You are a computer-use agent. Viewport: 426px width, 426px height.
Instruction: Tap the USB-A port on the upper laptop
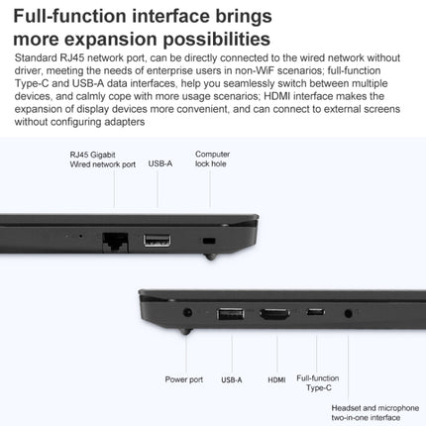pos(157,239)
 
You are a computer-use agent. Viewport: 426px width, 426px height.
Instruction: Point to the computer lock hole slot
pos(207,241)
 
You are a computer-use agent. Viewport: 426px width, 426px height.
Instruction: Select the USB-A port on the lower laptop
pos(232,315)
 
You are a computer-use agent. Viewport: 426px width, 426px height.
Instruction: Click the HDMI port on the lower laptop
pos(272,315)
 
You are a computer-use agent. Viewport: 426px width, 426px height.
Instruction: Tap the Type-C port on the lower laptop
pos(315,315)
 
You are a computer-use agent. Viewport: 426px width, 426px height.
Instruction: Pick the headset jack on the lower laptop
pos(348,315)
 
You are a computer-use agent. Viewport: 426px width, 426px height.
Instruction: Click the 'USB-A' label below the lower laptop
pos(232,379)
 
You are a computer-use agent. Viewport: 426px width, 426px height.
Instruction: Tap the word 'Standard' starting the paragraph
pos(36,59)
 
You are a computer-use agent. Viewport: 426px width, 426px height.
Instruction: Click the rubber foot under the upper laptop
pos(210,256)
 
